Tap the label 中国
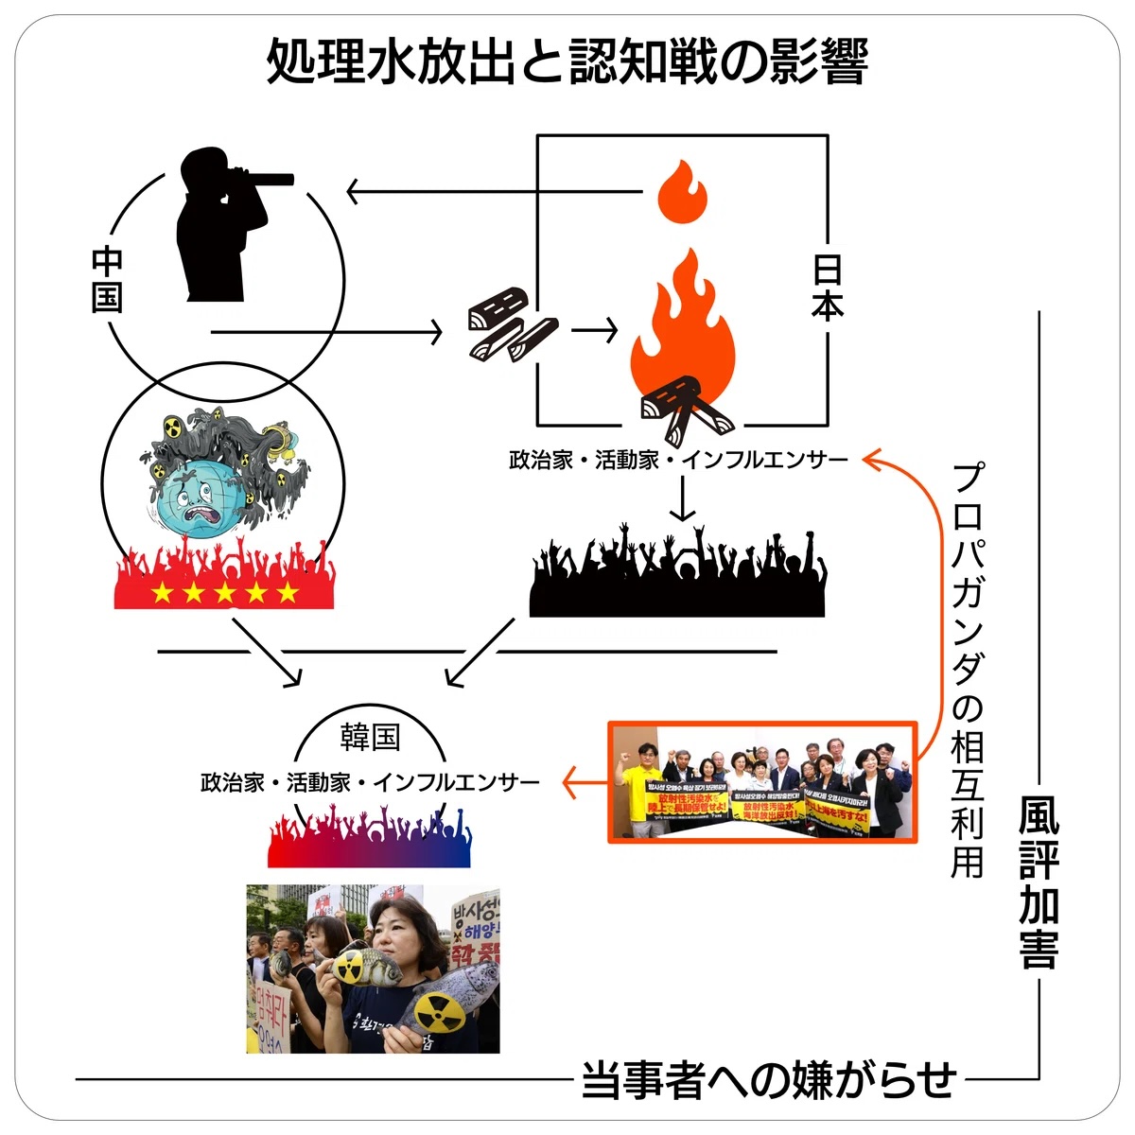pyautogui.click(x=107, y=280)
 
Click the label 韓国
pyautogui.click(x=370, y=738)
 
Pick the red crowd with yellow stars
pyautogui.click(x=223, y=577)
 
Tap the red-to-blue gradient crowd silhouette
pyautogui.click(x=370, y=836)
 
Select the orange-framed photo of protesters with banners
pyautogui.click(x=762, y=782)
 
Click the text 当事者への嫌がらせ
pyautogui.click(x=768, y=1080)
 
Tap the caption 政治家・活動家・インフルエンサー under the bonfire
pyautogui.click(x=678, y=461)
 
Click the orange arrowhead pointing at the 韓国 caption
pyautogui.click(x=570, y=782)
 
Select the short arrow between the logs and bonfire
pyautogui.click(x=595, y=330)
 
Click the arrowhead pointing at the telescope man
pyautogui.click(x=355, y=192)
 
